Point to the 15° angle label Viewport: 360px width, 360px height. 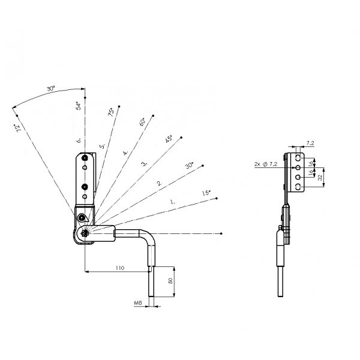[206, 193]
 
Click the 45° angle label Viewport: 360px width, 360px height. [169, 139]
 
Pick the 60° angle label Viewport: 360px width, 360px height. [142, 121]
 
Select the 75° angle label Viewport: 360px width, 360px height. [111, 113]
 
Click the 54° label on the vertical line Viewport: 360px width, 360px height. [79, 107]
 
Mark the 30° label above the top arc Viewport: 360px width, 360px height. [51, 89]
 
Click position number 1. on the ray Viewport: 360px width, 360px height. [173, 203]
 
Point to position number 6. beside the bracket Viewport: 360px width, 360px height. [79, 140]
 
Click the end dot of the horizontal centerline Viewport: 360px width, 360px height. [223, 232]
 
